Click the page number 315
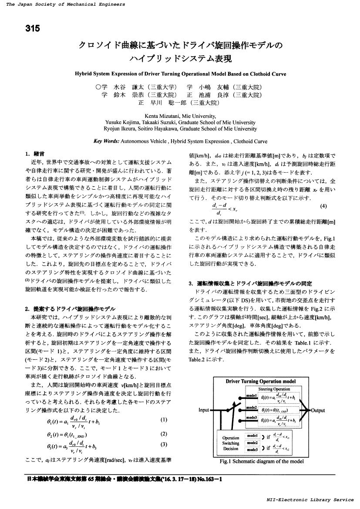(x=33, y=29)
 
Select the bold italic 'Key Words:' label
(x=106, y=141)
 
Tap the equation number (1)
(x=164, y=420)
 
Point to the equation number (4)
(x=323, y=206)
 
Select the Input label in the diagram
(x=204, y=410)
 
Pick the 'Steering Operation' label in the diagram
(x=274, y=388)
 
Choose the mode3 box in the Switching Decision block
(x=252, y=449)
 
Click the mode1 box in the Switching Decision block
(x=252, y=435)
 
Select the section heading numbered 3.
(x=250, y=283)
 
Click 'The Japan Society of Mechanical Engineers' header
(x=66, y=4)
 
